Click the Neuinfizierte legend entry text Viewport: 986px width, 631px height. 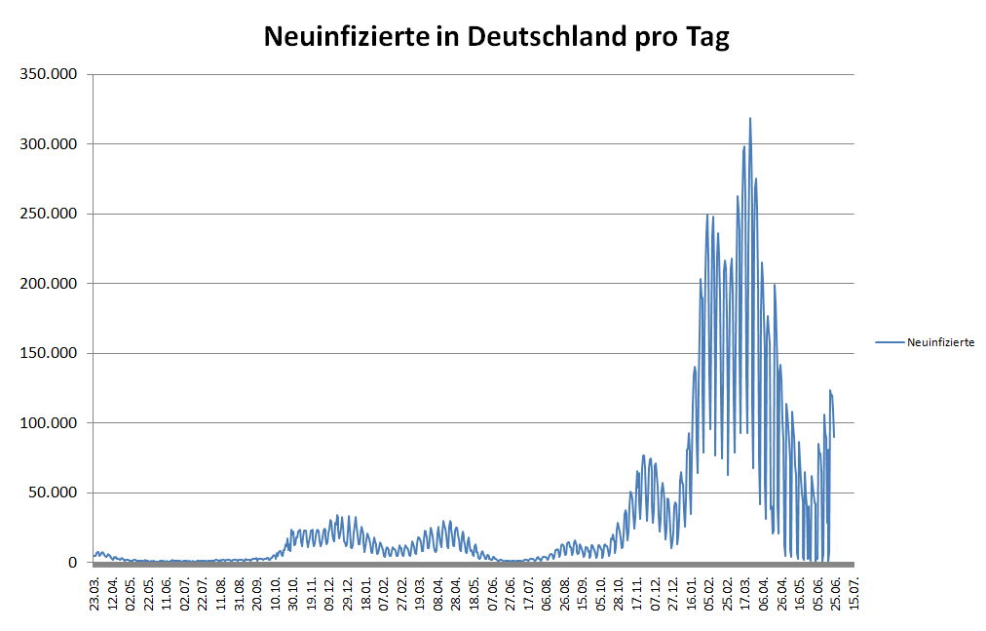(940, 342)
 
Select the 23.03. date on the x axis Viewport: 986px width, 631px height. (95, 592)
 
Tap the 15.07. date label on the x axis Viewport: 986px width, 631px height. (853, 592)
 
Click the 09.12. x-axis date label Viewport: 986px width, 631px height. (328, 592)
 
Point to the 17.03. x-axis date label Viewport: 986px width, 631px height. (746, 592)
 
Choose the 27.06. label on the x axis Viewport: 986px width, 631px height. (510, 592)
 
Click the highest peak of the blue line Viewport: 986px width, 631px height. (750, 119)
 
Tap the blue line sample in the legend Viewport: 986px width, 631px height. (889, 342)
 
